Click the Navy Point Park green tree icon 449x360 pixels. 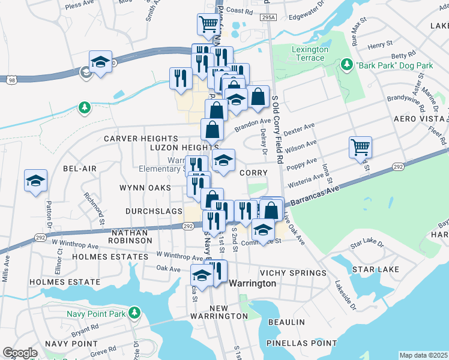[x=135, y=313]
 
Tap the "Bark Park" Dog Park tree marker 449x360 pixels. [x=346, y=64]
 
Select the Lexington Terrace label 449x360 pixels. [x=310, y=53]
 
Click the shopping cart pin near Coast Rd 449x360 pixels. [x=208, y=24]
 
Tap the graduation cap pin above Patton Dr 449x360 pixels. [x=35, y=181]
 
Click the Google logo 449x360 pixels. [x=20, y=353]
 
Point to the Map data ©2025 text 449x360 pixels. [x=423, y=355]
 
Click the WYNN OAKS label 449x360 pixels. [x=140, y=188]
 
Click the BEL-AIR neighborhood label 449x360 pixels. [x=79, y=169]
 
